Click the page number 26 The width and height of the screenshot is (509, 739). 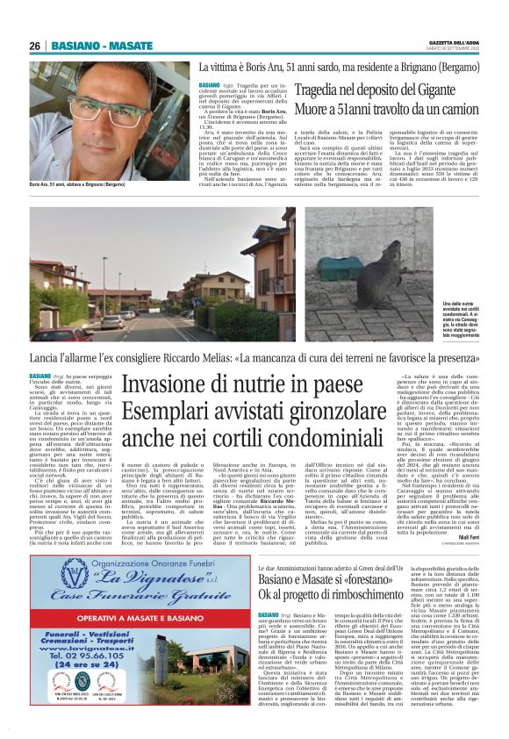click(x=35, y=46)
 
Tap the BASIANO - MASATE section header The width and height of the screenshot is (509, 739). click(x=101, y=46)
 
